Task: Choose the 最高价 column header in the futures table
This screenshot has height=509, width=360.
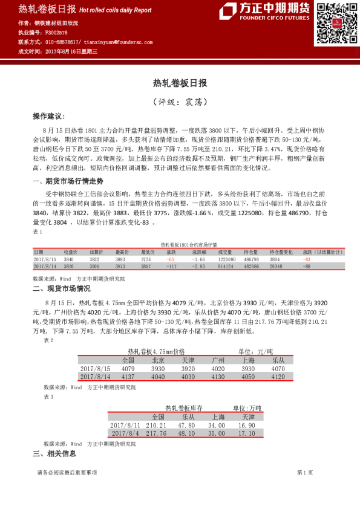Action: (122, 251)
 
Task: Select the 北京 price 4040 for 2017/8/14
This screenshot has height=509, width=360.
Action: (158, 376)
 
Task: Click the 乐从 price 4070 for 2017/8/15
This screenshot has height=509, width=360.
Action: (278, 368)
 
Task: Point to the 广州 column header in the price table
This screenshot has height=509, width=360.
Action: (218, 360)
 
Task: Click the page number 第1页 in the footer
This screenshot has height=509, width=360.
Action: (305, 473)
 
